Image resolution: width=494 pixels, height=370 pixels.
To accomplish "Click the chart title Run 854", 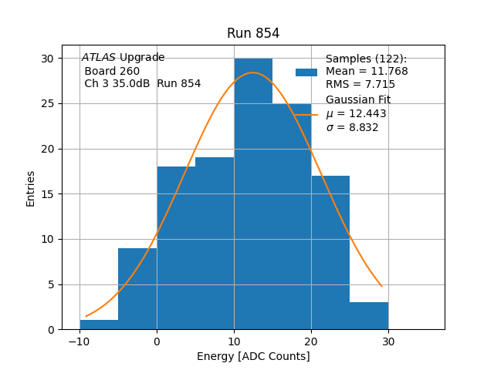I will tap(253, 33).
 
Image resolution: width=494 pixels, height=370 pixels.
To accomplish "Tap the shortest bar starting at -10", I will tap(99, 325).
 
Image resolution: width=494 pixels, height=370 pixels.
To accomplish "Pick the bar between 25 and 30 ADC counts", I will tap(369, 316).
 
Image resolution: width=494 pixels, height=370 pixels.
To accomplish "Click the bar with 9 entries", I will tap(137, 289).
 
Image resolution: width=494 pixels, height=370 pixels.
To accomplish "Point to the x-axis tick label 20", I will tap(311, 341).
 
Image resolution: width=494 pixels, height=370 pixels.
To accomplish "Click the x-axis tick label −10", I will tap(79, 341).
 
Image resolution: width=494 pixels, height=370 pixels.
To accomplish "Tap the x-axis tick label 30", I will tap(388, 341).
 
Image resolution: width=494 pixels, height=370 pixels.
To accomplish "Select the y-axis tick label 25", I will tap(48, 103).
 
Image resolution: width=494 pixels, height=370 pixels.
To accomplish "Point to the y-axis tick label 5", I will tap(50, 284).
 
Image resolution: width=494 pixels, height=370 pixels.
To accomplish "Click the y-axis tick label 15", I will tap(48, 193).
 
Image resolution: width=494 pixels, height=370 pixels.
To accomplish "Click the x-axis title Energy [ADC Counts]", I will tap(253, 356).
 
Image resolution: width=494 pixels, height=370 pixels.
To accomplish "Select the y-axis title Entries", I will tap(31, 193).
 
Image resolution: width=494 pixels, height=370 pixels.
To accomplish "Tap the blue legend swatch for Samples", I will tap(306, 72).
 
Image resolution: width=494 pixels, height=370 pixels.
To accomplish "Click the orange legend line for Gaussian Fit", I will tap(306, 114).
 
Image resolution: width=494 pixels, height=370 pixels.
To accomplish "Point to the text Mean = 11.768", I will tap(367, 72).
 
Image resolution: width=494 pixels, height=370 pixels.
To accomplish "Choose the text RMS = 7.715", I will tap(360, 85).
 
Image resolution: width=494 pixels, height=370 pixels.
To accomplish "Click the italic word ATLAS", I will tap(99, 58).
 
